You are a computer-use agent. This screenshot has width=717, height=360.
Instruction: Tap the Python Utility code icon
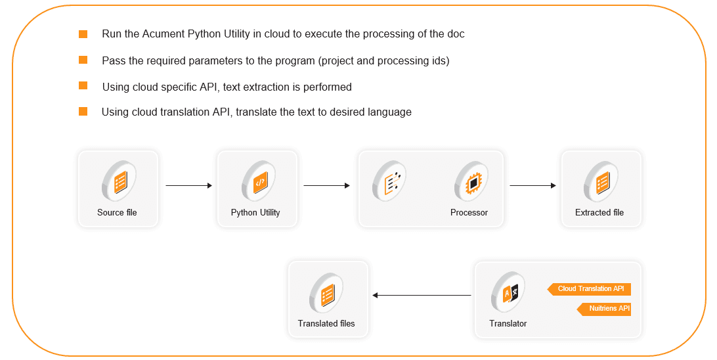tap(258, 181)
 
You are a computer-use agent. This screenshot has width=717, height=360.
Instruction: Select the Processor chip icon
tap(471, 181)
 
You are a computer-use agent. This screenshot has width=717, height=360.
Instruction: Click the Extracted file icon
tap(601, 181)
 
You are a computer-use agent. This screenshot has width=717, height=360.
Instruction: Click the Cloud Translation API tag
tap(590, 289)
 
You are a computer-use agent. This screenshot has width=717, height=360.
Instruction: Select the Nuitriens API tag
tap(604, 309)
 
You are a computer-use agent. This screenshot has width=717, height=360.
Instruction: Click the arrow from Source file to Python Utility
tap(189, 186)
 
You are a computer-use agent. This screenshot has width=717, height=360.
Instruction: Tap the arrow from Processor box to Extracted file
tap(532, 186)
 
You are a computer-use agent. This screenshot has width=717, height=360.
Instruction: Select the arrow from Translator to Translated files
tap(422, 296)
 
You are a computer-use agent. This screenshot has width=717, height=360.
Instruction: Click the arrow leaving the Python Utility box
tap(326, 186)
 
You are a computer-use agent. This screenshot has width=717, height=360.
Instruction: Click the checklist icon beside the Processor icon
tap(390, 181)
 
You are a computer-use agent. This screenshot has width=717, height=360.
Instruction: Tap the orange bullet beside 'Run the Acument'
tap(83, 34)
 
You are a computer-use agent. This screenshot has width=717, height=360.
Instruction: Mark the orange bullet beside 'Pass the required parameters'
tap(83, 60)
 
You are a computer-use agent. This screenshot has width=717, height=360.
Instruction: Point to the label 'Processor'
tap(469, 213)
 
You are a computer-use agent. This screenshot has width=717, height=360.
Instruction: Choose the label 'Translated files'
tap(326, 324)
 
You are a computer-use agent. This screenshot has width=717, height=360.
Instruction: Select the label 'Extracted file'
tap(599, 213)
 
